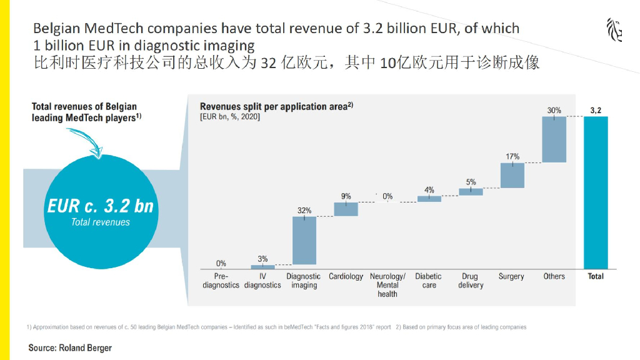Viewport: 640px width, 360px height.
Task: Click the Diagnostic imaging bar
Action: [304, 241]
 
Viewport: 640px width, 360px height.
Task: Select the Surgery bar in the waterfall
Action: [512, 176]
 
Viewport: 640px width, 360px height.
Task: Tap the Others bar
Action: [554, 139]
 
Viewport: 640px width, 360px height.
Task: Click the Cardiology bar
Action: [346, 209]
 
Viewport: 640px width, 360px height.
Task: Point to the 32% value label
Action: [304, 211]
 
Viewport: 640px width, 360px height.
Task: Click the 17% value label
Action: [512, 156]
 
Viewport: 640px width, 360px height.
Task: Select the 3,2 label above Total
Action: [596, 111]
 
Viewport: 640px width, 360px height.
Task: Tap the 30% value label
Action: [554, 111]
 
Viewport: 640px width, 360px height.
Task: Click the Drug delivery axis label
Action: [470, 281]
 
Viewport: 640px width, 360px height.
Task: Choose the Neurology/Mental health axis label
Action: [387, 285]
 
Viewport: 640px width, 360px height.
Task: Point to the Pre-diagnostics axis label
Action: [221, 281]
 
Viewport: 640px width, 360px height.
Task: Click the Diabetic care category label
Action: [429, 281]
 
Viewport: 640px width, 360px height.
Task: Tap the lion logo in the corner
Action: [614, 30]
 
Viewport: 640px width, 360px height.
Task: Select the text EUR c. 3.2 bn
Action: [100, 206]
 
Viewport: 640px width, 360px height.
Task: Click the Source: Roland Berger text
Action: [70, 347]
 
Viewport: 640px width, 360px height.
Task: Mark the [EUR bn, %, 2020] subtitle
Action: [230, 117]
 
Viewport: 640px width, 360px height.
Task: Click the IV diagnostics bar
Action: [262, 267]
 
